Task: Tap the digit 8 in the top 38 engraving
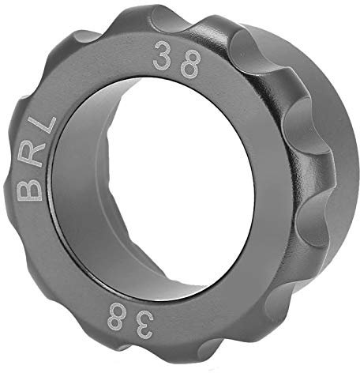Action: tap(189, 66)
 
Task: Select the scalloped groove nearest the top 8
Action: tap(237, 40)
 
